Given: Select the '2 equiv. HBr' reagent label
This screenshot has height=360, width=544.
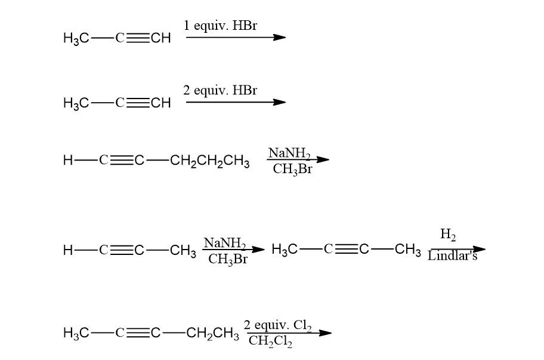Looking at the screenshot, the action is click(x=220, y=90).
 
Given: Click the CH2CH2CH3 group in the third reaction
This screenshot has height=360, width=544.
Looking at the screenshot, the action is click(x=209, y=161).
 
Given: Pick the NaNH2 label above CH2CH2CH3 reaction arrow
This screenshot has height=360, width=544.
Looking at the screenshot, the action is click(x=289, y=153).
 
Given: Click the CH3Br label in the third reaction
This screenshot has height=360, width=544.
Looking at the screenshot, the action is click(x=292, y=169).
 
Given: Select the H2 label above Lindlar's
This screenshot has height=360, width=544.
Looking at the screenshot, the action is click(x=448, y=235).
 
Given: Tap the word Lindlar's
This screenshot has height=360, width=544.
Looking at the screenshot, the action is click(x=452, y=257).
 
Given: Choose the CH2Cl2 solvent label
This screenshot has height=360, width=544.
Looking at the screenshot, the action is click(x=270, y=341).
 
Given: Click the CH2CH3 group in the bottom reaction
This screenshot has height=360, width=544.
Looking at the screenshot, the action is click(x=212, y=333).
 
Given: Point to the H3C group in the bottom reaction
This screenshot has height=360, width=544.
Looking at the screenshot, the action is click(x=76, y=333).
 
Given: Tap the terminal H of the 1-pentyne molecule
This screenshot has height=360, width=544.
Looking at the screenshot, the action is click(x=67, y=161).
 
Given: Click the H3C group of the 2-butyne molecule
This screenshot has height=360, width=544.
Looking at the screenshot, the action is click(x=284, y=250).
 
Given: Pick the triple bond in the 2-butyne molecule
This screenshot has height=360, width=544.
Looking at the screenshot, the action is click(x=346, y=250).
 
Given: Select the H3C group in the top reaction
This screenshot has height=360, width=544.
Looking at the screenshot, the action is click(x=76, y=38).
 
